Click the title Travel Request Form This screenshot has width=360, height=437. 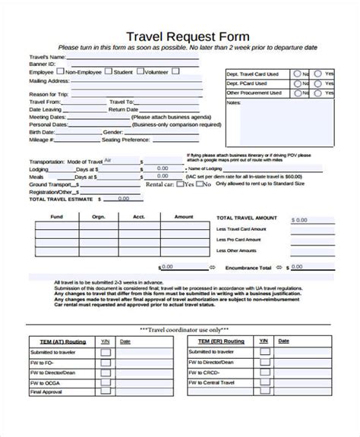point(179,36)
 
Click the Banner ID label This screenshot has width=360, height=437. point(43,64)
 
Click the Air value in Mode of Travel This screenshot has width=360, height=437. point(107,161)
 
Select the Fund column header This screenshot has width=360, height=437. point(56,216)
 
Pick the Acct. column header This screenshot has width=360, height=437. point(138,216)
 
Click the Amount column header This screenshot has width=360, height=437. point(183,216)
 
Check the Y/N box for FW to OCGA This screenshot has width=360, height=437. point(106,383)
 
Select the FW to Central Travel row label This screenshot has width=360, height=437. point(216,383)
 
